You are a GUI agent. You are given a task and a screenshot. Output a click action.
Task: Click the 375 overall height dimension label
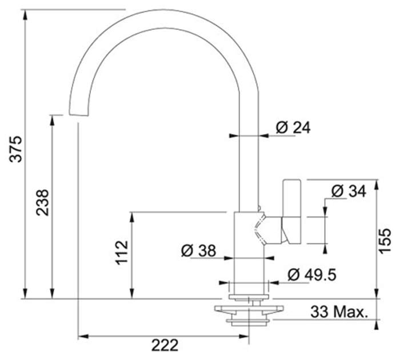pos(16,149)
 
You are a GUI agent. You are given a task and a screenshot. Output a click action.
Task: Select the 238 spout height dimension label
pos(42,203)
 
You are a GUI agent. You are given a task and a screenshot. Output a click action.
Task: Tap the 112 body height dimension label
pos(122,253)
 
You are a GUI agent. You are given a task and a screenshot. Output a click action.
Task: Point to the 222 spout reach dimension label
pos(165,345)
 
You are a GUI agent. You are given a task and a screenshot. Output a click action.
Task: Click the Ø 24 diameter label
pos(293,127)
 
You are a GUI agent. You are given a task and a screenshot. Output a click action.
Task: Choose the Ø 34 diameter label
pos(349,191)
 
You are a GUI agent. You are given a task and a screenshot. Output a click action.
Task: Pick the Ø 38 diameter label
pos(199,250)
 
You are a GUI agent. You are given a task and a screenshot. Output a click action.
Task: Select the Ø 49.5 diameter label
pos(312,274)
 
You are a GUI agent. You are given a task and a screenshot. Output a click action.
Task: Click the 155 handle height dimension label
pos(385,241)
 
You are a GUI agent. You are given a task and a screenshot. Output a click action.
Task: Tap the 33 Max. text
pos(339,312)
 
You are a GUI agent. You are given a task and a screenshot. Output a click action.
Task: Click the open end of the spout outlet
pos(79,114)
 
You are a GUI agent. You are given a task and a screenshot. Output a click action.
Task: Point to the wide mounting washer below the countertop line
pos(249,309)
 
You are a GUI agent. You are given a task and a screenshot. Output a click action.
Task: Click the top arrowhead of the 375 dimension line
pos(25,15)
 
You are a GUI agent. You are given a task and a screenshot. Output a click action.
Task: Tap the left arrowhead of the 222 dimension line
pos(83,336)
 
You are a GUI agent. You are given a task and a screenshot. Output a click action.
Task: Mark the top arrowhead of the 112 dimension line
pos(132,217)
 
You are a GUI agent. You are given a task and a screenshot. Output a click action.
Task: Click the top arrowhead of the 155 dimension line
pos(377,185)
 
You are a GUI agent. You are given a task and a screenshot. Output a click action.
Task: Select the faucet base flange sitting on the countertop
pos(249,297)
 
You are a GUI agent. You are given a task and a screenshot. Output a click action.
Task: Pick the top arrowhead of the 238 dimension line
pos(52,120)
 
